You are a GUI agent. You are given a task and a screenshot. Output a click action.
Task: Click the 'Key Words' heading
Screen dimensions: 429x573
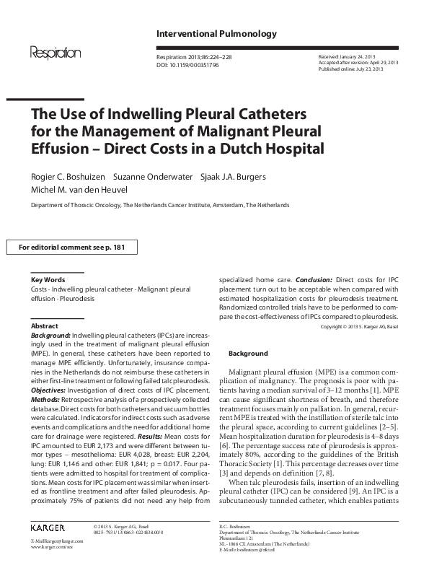pyautogui.click(x=48, y=279)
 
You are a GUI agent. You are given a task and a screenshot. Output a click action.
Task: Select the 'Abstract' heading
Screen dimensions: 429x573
pyautogui.click(x=45, y=326)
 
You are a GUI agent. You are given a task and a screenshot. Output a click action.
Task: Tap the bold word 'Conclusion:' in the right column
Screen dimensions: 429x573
pyautogui.click(x=314, y=279)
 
